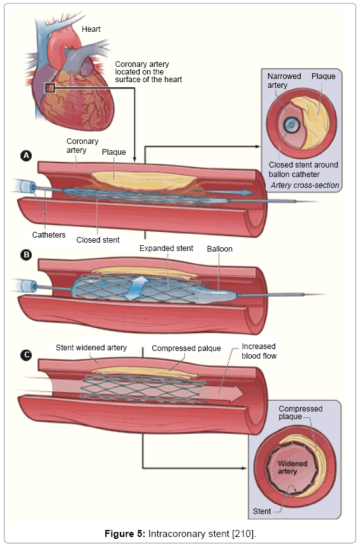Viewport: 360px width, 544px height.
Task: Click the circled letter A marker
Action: [x=26, y=155]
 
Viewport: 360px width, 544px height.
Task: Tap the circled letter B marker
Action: [x=26, y=255]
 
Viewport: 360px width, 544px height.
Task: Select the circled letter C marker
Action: [x=26, y=355]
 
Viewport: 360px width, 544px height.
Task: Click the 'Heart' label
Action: [x=91, y=29]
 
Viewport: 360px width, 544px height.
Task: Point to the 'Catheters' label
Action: [x=48, y=235]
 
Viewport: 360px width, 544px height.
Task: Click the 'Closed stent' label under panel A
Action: [x=98, y=240]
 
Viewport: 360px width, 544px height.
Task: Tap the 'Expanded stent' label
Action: [x=166, y=248]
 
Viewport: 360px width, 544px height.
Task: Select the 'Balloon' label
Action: [x=220, y=249]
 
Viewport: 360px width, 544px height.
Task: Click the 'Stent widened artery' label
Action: [x=91, y=348]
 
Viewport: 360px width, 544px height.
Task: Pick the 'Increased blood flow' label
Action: [x=259, y=351]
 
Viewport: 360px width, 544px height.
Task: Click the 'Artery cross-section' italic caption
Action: [x=305, y=185]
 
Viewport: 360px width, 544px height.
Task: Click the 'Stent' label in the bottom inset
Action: [x=262, y=512]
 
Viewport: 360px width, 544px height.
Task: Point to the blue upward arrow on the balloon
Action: [x=136, y=288]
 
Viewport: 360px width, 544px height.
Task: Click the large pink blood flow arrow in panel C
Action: [x=222, y=392]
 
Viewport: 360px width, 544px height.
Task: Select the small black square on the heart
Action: [x=50, y=88]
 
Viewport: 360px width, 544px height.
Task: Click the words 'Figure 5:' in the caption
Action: [x=125, y=534]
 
